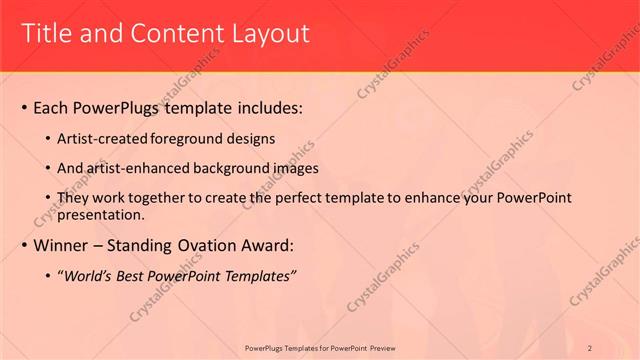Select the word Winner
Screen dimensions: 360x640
click(x=61, y=245)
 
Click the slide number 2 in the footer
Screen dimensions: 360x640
click(x=590, y=347)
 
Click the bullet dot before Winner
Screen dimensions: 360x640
click(x=23, y=245)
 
